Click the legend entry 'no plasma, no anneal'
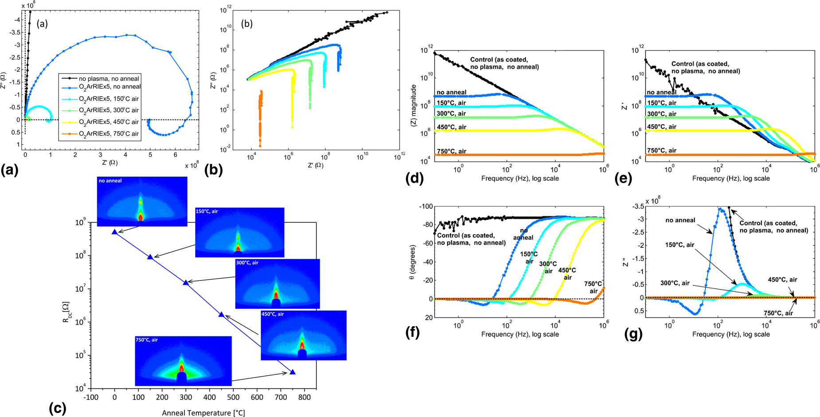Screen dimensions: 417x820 point(109,78)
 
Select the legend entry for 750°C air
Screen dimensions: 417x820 point(109,133)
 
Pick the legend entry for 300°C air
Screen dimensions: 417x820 point(109,110)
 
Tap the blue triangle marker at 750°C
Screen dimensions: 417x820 point(293,372)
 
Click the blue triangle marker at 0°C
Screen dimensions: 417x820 point(115,232)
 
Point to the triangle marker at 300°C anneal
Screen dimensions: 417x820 point(186,282)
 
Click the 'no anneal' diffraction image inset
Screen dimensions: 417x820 point(142,202)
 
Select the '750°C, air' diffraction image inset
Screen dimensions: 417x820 point(183,361)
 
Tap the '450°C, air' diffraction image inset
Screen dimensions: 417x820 point(303,335)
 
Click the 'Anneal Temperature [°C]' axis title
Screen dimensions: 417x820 point(203,413)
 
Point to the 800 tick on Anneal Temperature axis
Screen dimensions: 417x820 point(304,398)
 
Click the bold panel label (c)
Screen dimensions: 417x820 point(58,408)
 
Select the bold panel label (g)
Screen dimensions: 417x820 point(633,334)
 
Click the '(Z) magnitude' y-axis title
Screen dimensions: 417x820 point(414,105)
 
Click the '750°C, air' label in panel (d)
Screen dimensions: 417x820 point(451,151)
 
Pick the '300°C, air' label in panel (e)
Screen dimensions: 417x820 point(662,114)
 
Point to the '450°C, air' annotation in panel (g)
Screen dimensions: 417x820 point(782,280)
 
